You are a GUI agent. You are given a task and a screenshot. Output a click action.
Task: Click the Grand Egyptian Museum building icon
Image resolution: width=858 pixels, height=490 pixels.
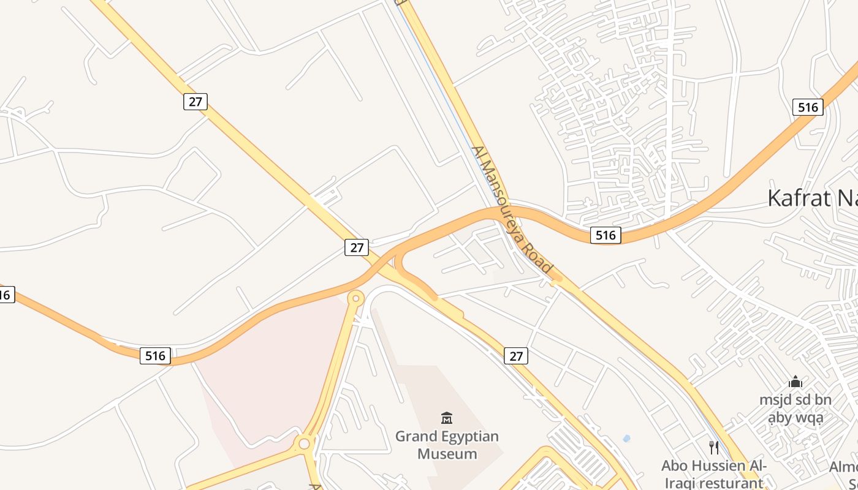(447, 418)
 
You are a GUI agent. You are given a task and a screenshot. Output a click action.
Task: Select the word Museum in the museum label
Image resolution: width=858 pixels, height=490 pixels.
(447, 454)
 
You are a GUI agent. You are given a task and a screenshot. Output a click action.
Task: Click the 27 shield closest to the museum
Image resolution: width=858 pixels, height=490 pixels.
(516, 355)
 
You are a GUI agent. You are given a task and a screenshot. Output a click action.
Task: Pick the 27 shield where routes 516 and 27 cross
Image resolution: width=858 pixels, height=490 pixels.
(356, 247)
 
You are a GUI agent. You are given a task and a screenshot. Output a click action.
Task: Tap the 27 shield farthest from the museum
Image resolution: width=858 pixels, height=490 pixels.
(196, 102)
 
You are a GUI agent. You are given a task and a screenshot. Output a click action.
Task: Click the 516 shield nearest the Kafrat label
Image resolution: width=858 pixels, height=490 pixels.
(808, 108)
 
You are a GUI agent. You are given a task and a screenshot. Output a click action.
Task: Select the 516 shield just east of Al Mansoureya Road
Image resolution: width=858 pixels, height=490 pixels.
(606, 235)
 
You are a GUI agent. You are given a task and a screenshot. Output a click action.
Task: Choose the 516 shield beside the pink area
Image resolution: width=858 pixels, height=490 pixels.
(155, 355)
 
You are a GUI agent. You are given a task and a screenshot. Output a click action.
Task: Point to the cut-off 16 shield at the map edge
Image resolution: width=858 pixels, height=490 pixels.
(5, 295)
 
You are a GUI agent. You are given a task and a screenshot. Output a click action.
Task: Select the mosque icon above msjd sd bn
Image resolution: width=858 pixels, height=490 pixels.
(795, 382)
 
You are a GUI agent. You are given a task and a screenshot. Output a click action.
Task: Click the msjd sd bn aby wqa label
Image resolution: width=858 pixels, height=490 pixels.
(795, 409)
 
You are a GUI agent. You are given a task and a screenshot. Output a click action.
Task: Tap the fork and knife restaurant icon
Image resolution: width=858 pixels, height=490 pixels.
(714, 448)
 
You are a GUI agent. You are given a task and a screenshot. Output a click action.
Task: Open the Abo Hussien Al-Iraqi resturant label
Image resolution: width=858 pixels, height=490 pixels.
(714, 474)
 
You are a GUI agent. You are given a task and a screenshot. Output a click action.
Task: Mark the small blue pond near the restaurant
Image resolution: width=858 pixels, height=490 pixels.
(626, 439)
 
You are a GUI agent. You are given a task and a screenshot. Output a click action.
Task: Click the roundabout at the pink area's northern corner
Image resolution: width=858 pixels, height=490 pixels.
(355, 298)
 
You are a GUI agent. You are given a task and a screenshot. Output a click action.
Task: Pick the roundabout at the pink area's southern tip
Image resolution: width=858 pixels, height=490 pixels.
(304, 443)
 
